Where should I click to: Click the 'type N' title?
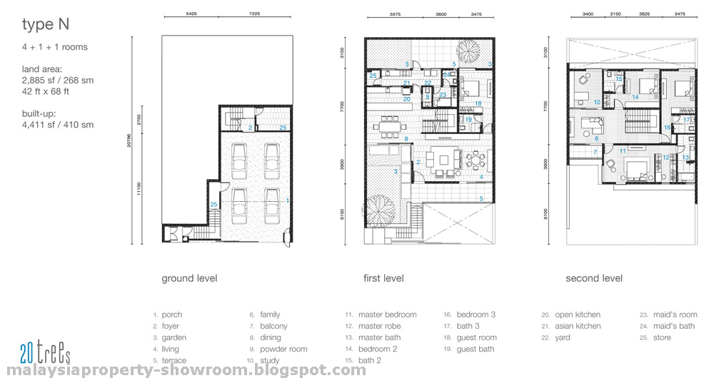46,26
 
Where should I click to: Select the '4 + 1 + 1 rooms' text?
55,48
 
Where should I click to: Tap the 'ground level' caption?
189,278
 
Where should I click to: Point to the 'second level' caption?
594,278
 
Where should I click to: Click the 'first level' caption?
383,278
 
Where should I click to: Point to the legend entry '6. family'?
265,315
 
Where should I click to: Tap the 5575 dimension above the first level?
393,14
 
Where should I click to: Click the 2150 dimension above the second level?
615,14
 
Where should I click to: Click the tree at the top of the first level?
468,51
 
